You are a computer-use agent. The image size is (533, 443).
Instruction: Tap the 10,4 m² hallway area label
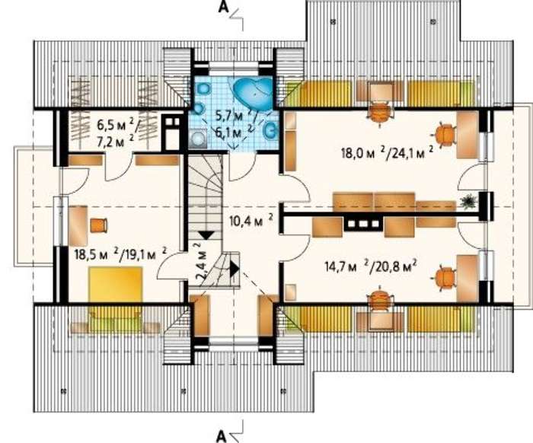point(251,221)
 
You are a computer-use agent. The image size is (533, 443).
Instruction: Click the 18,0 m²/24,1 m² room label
point(387,153)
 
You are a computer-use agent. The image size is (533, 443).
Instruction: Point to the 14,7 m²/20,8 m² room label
point(372,266)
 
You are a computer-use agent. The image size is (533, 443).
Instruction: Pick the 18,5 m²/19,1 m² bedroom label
point(120,254)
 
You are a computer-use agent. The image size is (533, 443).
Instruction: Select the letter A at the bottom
point(222,436)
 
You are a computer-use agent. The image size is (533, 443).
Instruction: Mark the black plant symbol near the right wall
point(468,202)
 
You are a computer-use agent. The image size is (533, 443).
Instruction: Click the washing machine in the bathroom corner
point(198,139)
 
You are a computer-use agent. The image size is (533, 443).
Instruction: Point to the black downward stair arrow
point(206,235)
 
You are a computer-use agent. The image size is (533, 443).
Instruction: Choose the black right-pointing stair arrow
point(235,269)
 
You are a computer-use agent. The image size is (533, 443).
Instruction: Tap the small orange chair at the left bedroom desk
point(98,225)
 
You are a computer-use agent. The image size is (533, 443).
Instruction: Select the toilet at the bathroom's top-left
point(204,89)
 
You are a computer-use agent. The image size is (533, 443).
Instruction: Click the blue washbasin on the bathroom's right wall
point(270,130)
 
